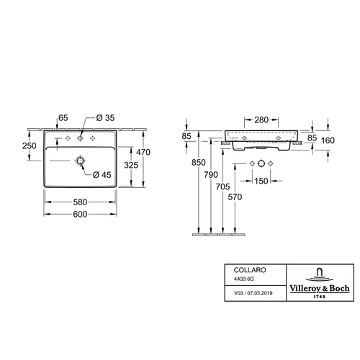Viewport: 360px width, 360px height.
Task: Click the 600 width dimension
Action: pyautogui.click(x=80, y=214)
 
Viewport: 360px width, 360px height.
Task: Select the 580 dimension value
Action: pyautogui.click(x=80, y=202)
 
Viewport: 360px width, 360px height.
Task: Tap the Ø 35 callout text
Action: pyautogui.click(x=105, y=118)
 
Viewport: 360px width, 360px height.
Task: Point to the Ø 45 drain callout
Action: pyautogui.click(x=102, y=175)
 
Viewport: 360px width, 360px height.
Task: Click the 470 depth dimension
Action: pyautogui.click(x=143, y=152)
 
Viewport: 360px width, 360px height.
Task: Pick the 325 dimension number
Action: pyautogui.click(x=131, y=165)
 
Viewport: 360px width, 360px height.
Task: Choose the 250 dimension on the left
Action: pyautogui.click(x=30, y=145)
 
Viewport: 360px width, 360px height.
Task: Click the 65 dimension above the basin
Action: pyautogui.click(x=63, y=118)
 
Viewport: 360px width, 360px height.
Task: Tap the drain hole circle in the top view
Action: pyautogui.click(x=80, y=161)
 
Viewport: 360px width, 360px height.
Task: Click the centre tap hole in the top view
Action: pyautogui.click(x=80, y=138)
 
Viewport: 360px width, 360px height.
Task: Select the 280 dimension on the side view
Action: pyautogui.click(x=261, y=120)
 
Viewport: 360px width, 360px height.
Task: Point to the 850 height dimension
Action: pyautogui.click(x=199, y=163)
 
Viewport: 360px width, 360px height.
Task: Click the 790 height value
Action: pyautogui.click(x=211, y=175)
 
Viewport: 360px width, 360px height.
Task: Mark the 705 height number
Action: pyautogui.click(x=222, y=186)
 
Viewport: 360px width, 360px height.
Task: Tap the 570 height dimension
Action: pyautogui.click(x=235, y=197)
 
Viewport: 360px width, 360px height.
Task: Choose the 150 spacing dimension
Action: pyautogui.click(x=261, y=181)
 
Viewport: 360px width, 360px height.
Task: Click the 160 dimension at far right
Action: pyautogui.click(x=328, y=140)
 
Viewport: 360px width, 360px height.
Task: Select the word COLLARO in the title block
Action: pyautogui.click(x=250, y=270)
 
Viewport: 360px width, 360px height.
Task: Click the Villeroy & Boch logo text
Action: pyautogui.click(x=320, y=288)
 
